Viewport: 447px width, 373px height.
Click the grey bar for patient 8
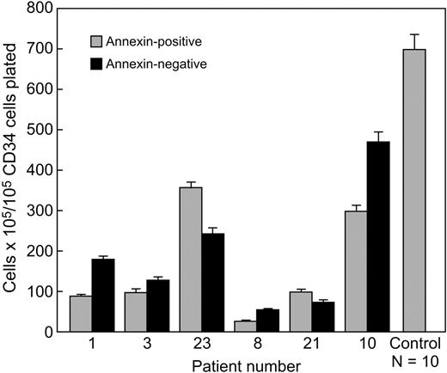[243, 327]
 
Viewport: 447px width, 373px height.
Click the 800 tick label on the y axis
[40, 9]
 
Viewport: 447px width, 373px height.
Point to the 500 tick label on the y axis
[40, 130]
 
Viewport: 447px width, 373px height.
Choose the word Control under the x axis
[415, 346]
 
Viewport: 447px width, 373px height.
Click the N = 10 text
[415, 363]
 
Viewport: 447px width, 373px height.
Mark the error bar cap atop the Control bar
[415, 34]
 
